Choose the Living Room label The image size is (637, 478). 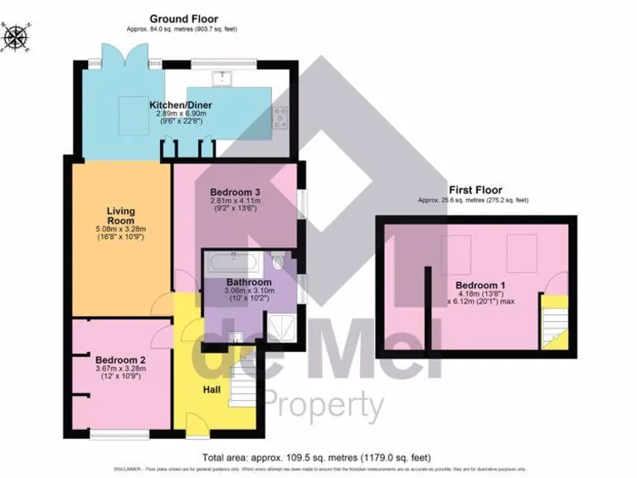[120, 216]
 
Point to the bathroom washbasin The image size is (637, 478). [235, 336]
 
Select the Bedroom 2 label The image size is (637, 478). [120, 359]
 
